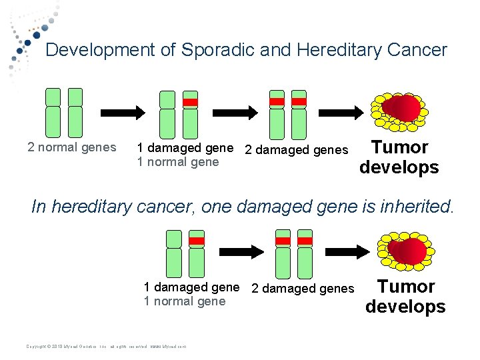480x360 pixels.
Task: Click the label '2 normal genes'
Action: (x=72, y=147)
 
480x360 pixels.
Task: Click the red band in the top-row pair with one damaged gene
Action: (x=191, y=102)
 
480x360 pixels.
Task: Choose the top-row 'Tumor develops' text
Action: (x=399, y=157)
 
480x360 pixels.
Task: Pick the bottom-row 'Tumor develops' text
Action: (x=405, y=297)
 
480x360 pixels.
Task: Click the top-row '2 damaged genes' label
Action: (x=297, y=150)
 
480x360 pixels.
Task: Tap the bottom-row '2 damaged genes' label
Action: (x=303, y=289)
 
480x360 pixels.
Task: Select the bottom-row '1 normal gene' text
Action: (x=185, y=302)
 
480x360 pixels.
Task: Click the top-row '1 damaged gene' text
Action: (x=185, y=147)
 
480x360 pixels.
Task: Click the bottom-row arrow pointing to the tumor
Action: (x=347, y=251)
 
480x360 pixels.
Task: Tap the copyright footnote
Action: (x=106, y=346)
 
